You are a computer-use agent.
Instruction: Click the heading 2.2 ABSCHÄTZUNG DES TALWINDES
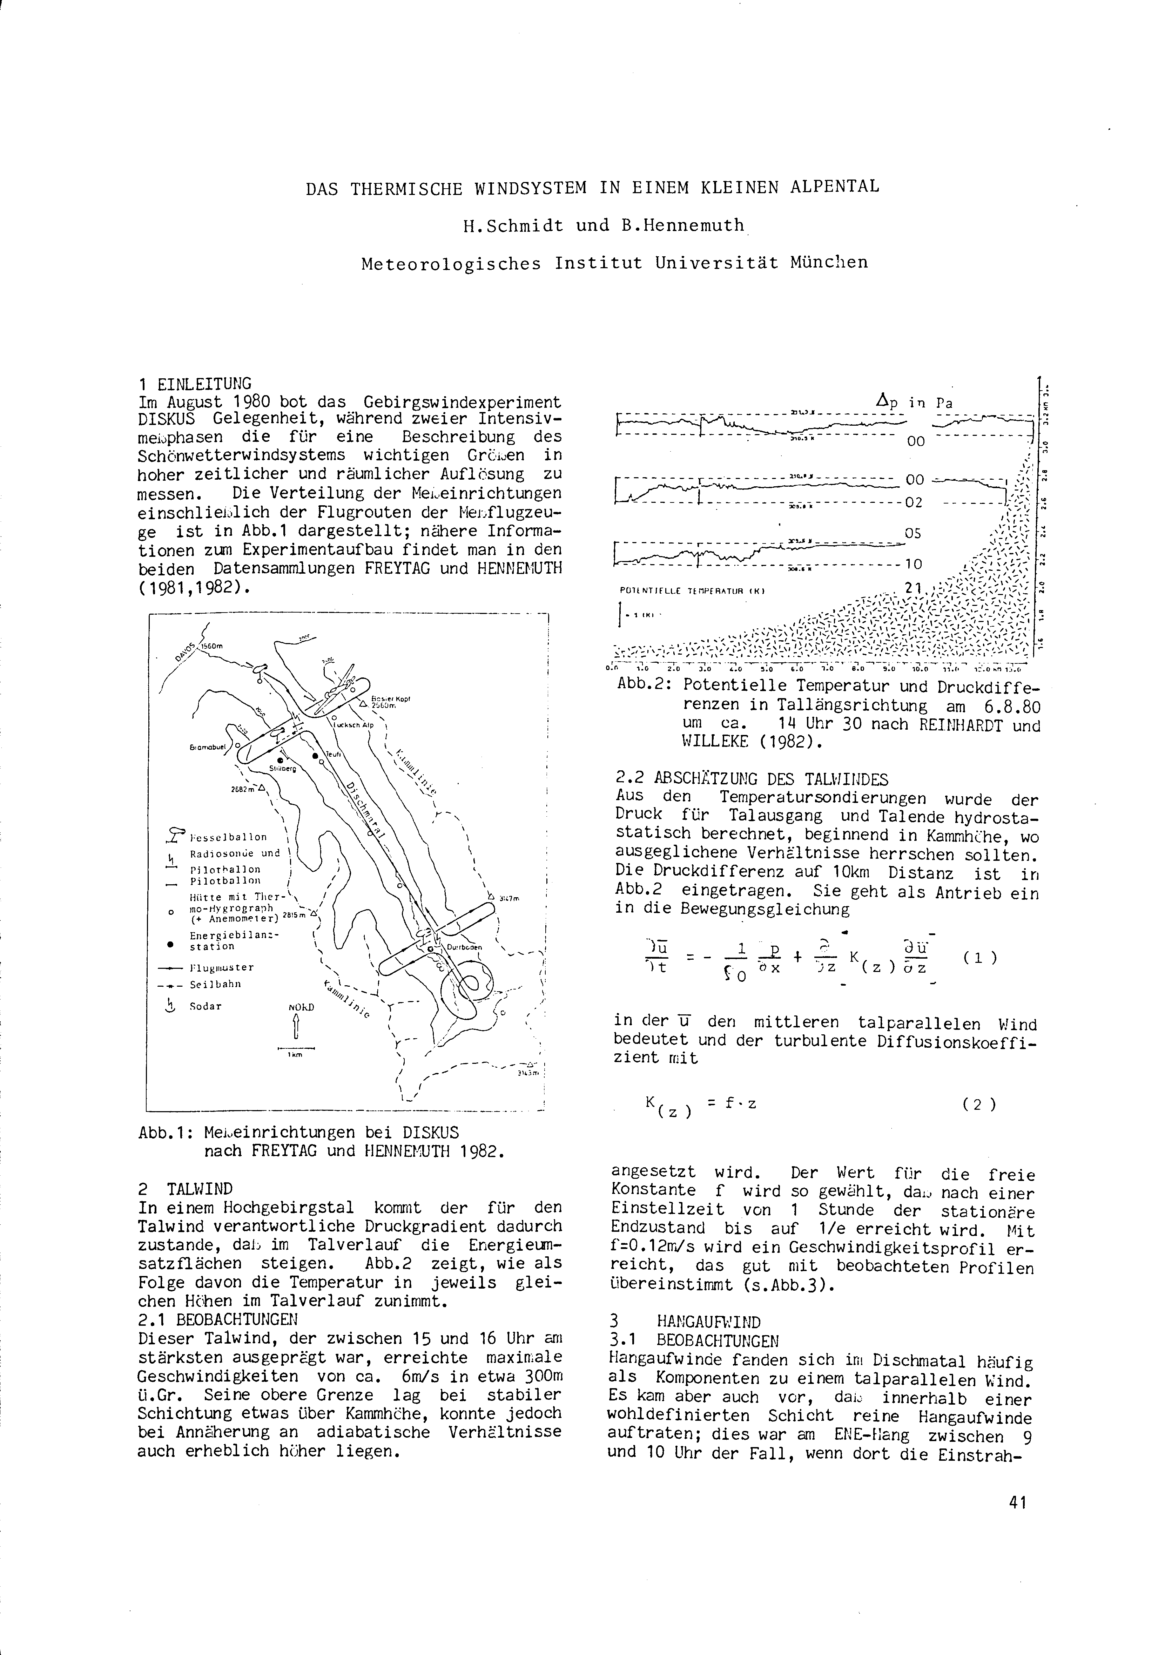coord(752,779)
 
